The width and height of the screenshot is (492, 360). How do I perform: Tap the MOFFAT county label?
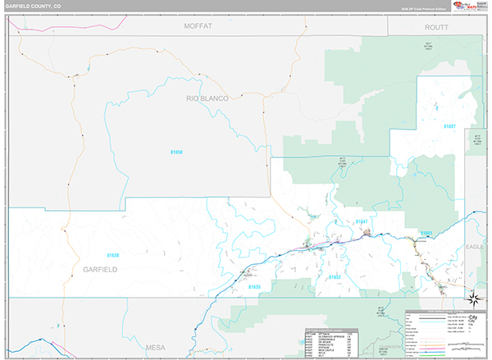pos(198,26)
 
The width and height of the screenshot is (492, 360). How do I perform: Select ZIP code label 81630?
pos(112,255)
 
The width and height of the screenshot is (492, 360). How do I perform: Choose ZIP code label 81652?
pos(335,277)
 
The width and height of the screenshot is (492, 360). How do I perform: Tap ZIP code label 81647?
pos(362,221)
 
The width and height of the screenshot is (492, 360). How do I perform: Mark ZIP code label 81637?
pos(449,126)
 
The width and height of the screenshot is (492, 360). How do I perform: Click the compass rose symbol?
pos(474,297)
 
